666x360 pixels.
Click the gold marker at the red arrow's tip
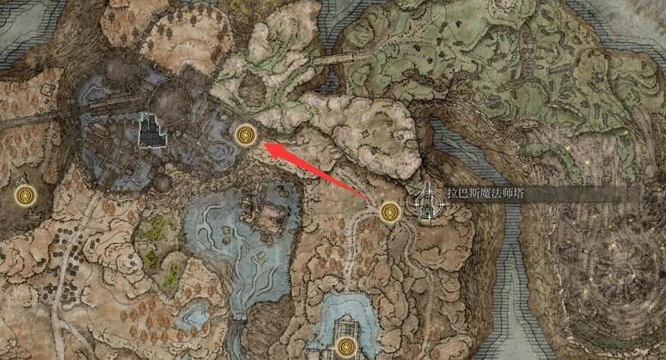click(x=247, y=135)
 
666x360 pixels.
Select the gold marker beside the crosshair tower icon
click(x=391, y=211)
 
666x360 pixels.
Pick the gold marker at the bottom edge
click(x=346, y=348)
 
